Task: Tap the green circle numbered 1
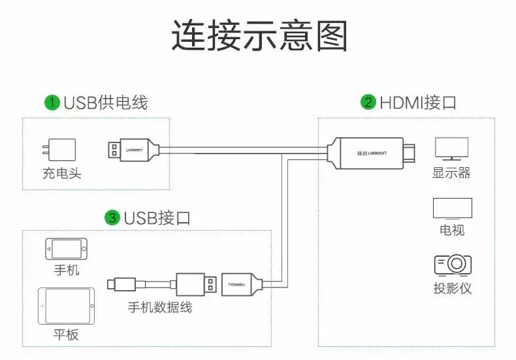click(x=52, y=103)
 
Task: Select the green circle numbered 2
click(x=368, y=103)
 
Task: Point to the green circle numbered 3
click(x=112, y=218)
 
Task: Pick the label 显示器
click(x=451, y=173)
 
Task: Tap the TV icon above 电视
click(x=452, y=208)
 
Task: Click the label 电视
click(x=452, y=231)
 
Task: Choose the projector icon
click(x=452, y=265)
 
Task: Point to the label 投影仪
click(x=452, y=288)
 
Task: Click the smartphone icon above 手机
click(x=66, y=250)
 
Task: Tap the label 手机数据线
click(x=160, y=306)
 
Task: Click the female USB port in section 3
click(x=242, y=284)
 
